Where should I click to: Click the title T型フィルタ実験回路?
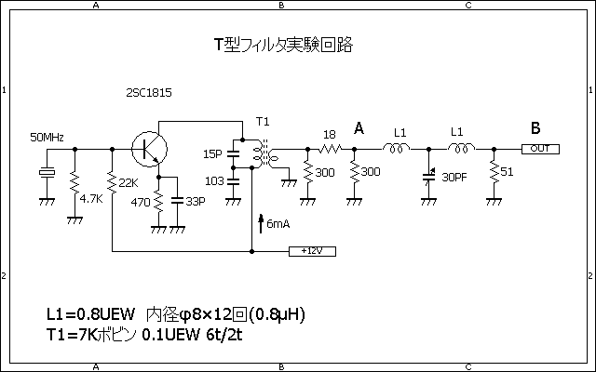pyautogui.click(x=283, y=44)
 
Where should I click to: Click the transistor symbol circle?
pyautogui.click(x=147, y=148)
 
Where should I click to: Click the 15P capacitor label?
pyautogui.click(x=213, y=153)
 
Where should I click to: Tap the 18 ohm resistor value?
pyautogui.click(x=328, y=135)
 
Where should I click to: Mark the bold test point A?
pyautogui.click(x=359, y=128)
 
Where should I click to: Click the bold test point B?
pyautogui.click(x=535, y=128)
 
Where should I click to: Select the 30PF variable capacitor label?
pyautogui.click(x=454, y=177)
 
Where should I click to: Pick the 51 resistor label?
pyautogui.click(x=507, y=172)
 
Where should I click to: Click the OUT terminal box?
pyautogui.click(x=540, y=149)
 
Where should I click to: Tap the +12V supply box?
pyautogui.click(x=312, y=251)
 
